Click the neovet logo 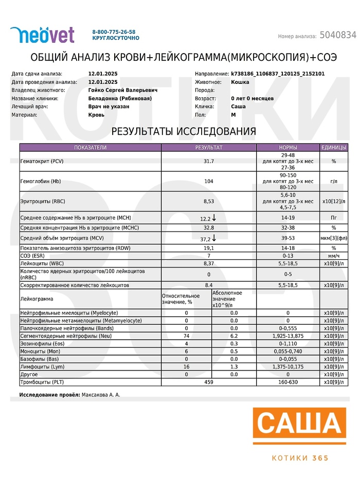tap(42, 34)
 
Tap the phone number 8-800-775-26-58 tap(114, 31)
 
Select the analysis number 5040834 tap(338, 35)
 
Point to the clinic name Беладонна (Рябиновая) tap(120, 98)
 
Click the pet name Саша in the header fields tap(238, 107)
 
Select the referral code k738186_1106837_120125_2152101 tap(278, 74)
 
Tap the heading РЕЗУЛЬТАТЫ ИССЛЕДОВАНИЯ tap(184, 131)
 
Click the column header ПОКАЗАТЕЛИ tap(90, 148)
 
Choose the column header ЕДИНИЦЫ tap(334, 148)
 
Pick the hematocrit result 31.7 tap(208, 162)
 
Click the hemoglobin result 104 tap(208, 182)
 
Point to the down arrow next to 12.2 tap(214, 218)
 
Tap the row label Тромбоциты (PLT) tap(46, 382)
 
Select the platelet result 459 tap(208, 382)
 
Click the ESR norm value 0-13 tap(287, 256)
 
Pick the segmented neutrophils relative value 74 tap(186, 336)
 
